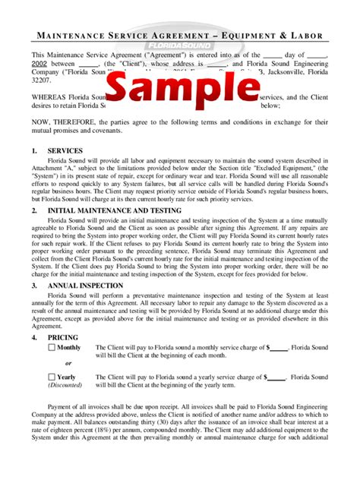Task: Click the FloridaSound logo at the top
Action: [180, 45]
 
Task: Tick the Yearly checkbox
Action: [52, 377]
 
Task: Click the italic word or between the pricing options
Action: [69, 362]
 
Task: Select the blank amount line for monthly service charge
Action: [278, 349]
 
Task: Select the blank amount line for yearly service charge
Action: [276, 377]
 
